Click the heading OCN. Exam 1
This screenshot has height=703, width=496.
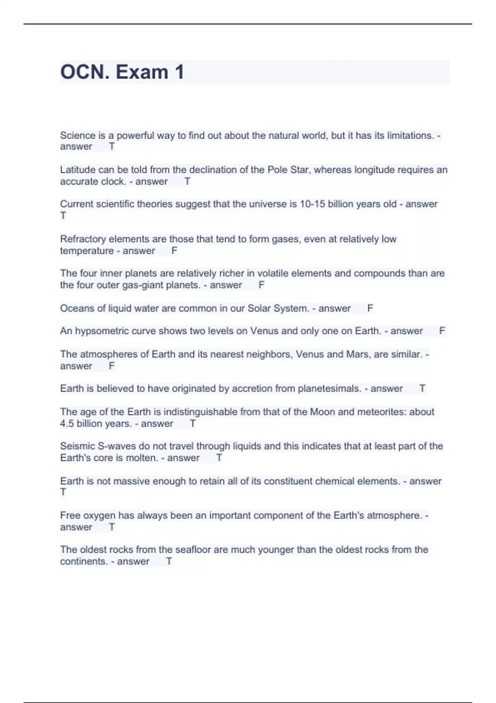pos(122,72)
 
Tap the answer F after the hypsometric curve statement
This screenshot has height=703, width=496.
pos(442,331)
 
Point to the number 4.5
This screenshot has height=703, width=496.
pos(67,424)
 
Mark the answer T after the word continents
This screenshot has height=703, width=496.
pos(169,562)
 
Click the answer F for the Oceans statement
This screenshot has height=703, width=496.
pos(370,308)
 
